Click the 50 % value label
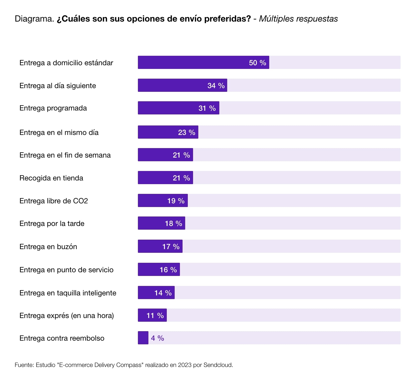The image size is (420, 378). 257,63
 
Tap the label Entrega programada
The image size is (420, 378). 53,108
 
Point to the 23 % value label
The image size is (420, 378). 186,132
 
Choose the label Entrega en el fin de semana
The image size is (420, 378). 65,155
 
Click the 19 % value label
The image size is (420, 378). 176,201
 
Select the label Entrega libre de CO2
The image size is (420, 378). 54,201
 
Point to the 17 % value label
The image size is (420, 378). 171,246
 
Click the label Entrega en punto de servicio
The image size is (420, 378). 66,270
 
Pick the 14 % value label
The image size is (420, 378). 163,293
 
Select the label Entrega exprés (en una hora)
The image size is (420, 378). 66,315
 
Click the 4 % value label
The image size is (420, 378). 157,338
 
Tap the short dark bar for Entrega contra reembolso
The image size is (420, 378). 143,338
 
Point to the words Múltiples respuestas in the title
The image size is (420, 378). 298,19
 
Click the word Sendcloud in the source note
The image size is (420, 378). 218,365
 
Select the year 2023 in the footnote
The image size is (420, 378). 185,365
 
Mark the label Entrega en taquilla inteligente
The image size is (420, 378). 68,293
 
